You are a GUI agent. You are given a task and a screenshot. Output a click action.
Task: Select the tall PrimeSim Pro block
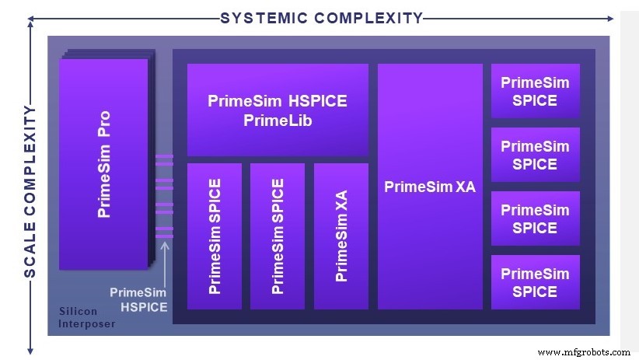point(103,164)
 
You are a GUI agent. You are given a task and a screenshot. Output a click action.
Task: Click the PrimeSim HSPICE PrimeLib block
point(278,110)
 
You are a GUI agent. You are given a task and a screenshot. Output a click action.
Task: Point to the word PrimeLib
point(278,121)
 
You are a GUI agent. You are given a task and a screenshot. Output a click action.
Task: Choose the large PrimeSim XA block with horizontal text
point(430,187)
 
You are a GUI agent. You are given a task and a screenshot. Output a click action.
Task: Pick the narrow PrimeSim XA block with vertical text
point(341,236)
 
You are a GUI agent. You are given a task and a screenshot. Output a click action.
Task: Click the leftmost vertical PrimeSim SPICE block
point(215,236)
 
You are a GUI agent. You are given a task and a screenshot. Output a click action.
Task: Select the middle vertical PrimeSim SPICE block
point(278,236)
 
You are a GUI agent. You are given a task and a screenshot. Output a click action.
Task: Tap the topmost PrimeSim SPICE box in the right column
point(535,91)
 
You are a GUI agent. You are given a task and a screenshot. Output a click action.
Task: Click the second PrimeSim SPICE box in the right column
point(535,155)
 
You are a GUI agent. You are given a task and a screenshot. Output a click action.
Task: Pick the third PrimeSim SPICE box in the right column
point(535,218)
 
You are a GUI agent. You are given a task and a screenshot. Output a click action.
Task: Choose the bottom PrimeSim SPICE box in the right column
point(535,282)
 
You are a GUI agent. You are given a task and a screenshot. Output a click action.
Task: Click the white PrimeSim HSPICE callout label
point(138,299)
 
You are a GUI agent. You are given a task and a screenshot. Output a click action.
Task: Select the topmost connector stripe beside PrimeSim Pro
point(164,157)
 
